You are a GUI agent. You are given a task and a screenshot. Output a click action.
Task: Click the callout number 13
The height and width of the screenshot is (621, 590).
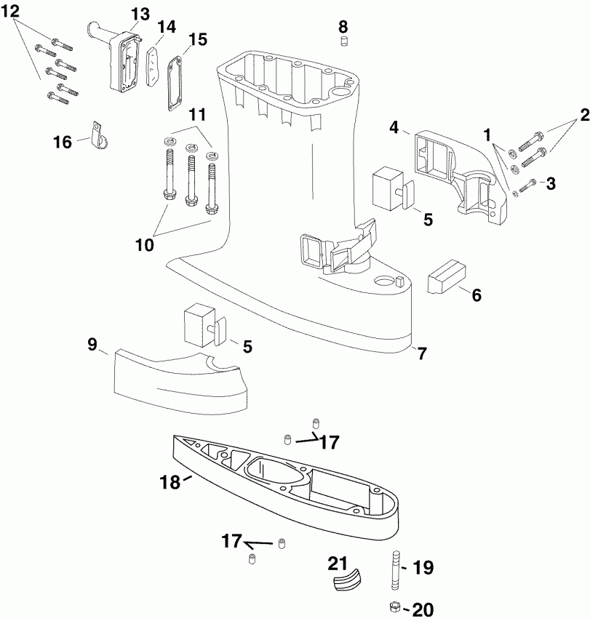coord(140,15)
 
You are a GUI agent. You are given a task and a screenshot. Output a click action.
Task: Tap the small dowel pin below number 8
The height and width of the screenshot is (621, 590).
coord(345,41)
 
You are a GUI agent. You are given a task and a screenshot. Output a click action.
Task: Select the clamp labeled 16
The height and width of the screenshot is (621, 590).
coord(97,136)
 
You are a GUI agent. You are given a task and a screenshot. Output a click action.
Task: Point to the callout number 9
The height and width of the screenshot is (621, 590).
coord(92,344)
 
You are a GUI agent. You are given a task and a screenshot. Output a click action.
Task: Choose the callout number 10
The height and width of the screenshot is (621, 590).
coord(145,245)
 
